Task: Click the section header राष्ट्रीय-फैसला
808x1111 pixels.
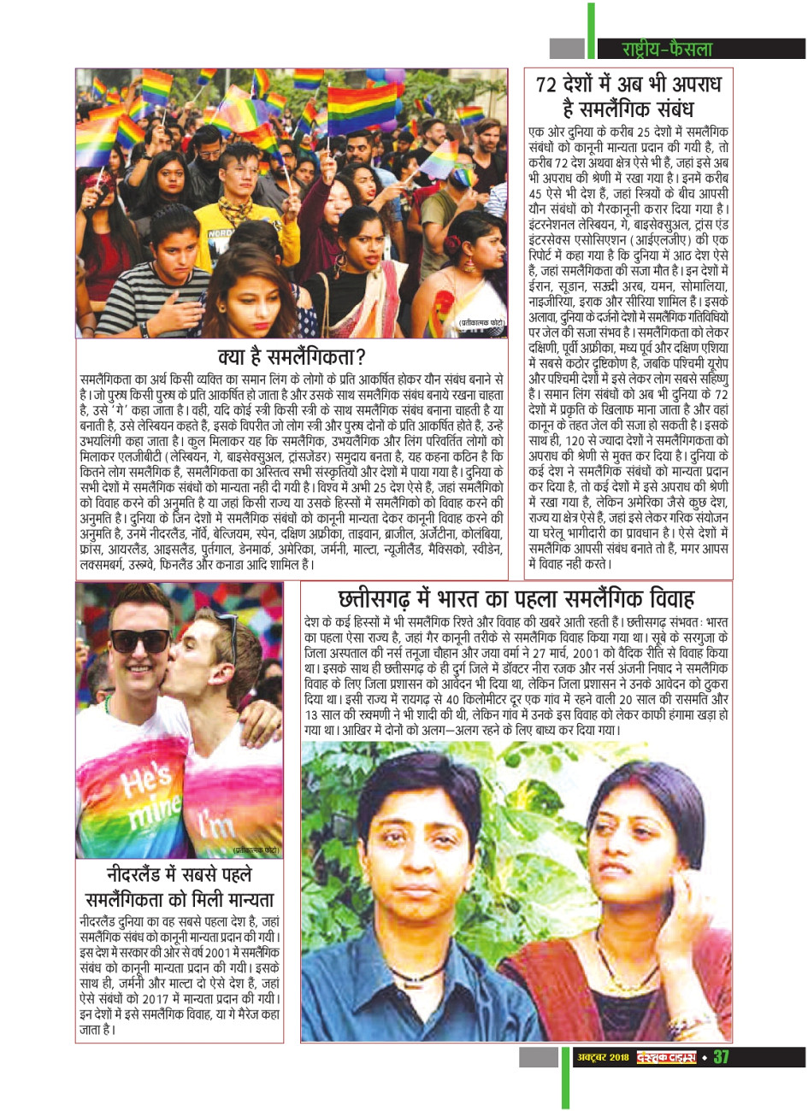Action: [x=667, y=50]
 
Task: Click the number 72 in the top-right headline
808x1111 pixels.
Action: [x=552, y=85]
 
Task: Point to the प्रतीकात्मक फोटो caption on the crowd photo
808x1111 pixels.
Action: [x=482, y=322]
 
